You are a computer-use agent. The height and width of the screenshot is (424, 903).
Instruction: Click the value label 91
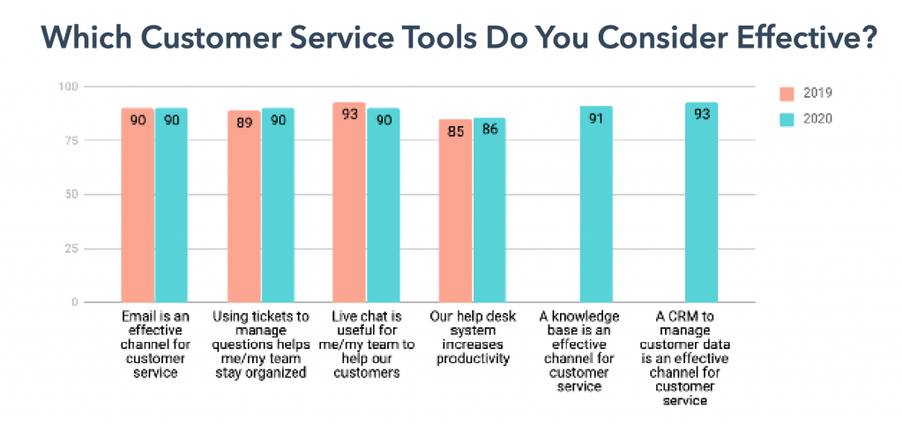[x=595, y=118]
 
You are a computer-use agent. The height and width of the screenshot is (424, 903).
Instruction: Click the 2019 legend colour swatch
[x=788, y=93]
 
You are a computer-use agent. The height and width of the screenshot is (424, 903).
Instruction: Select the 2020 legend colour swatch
[x=788, y=117]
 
